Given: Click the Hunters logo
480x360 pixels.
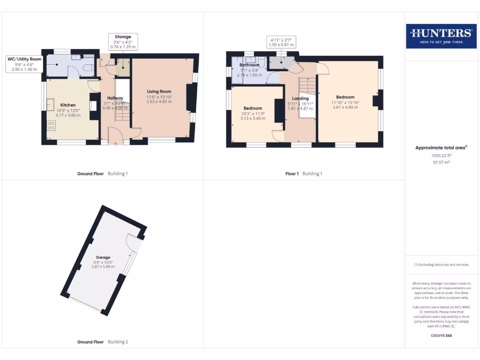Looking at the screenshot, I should coord(441,36).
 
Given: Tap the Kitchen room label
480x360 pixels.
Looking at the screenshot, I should coord(68,105).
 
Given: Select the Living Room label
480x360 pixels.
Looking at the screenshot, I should coord(159,91).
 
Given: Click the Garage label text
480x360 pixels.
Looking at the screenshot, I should coord(103,257).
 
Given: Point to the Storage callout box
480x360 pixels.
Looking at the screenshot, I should coord(123,41).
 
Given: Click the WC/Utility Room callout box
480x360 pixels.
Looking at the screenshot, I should coord(24,64).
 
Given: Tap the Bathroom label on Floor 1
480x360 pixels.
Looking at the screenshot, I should coord(249,65).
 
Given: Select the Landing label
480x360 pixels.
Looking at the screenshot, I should coord(300,98).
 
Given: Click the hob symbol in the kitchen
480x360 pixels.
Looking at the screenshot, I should coord(51,126).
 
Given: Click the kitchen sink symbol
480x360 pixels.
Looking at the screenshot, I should coord(50,104).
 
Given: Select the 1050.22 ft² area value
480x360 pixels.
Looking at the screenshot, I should coord(441,155).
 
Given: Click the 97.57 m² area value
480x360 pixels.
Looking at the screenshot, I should coord(441,162).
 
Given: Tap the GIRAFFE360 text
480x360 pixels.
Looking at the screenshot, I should coord(441,336).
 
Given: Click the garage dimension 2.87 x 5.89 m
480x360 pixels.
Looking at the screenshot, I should coord(103,267).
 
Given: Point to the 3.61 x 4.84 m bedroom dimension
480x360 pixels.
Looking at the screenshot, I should coord(345,107).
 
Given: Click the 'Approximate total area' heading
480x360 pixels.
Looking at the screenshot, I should coord(440,148).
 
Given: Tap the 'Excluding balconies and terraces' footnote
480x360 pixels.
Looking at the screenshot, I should coord(441,265).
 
